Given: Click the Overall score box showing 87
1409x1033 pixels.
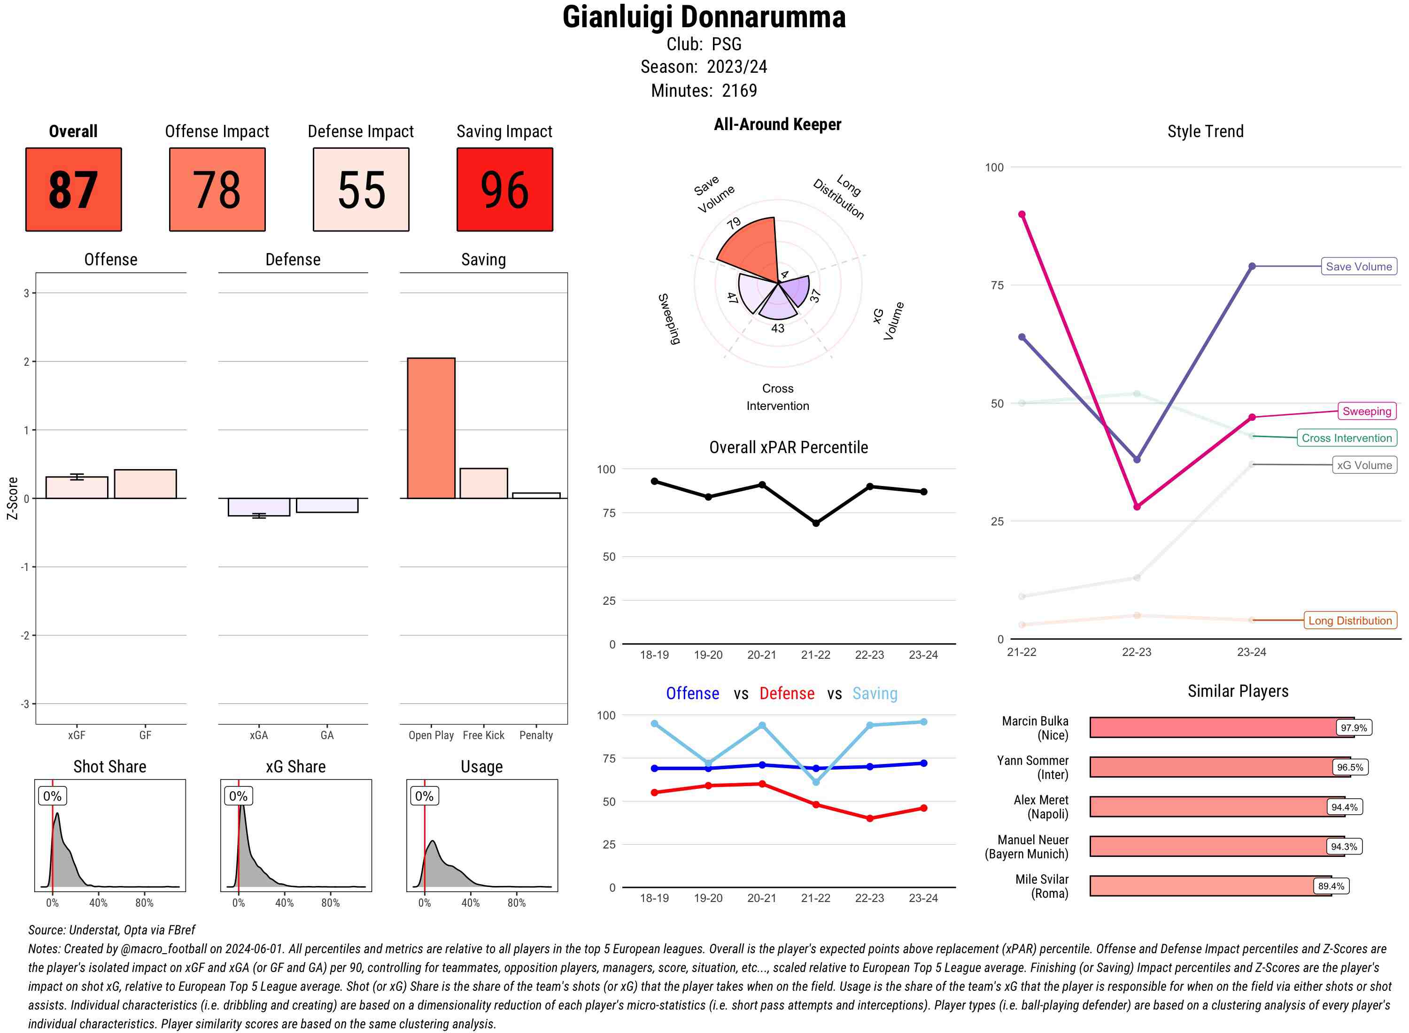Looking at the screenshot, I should (x=73, y=190).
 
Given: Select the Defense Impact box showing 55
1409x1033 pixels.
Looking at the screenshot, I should (x=361, y=190).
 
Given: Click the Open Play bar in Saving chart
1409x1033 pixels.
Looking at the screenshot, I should (x=431, y=428).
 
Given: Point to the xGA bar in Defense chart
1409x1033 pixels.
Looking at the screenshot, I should (x=259, y=507).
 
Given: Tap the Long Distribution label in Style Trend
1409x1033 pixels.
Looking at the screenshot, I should (x=1350, y=620).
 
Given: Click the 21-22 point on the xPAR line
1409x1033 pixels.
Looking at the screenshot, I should (x=815, y=523).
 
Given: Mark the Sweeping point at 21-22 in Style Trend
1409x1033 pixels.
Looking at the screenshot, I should (x=1022, y=215).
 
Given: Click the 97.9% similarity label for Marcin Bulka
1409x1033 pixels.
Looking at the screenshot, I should (x=1353, y=727).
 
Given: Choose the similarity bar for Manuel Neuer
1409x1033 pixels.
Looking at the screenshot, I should (x=1207, y=846).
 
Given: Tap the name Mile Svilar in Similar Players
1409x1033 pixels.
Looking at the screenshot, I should (x=1041, y=879).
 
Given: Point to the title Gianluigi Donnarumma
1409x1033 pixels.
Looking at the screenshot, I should (x=704, y=17).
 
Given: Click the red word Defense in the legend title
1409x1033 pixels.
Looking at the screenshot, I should (x=786, y=694).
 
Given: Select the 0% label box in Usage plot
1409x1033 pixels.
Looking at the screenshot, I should (x=424, y=796).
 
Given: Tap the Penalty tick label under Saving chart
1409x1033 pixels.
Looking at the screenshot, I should (x=536, y=735).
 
